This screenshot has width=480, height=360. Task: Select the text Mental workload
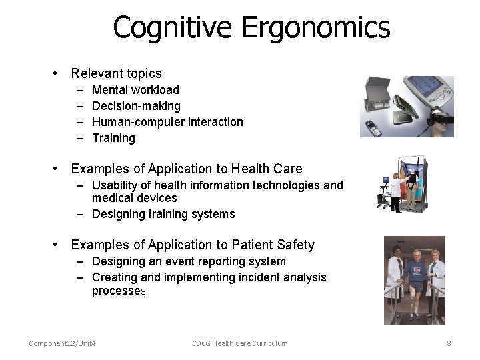point(135,90)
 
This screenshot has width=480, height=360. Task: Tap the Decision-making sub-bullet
point(136,106)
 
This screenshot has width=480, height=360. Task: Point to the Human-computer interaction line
point(167,122)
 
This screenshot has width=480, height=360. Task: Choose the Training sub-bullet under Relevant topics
point(113,138)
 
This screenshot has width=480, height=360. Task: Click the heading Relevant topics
point(116,73)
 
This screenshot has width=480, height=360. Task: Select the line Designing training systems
point(163,214)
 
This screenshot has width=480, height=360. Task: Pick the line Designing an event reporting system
point(189,261)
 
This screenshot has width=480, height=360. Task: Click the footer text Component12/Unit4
point(62,343)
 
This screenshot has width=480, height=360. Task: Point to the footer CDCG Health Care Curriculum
point(240,343)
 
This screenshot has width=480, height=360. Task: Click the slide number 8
point(449,343)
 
